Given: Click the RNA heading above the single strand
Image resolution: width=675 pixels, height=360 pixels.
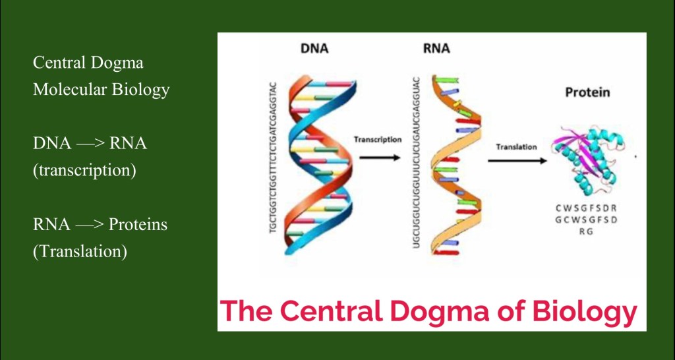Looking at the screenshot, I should pos(436,49).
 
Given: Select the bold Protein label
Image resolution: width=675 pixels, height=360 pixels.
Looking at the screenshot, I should pos(587,93).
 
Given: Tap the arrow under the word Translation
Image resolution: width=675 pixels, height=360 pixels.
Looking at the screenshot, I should pos(521,160).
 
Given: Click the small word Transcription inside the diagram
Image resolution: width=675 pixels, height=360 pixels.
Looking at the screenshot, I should pos(377,140).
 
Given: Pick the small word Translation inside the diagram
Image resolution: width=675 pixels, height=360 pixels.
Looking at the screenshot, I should pos(516,146).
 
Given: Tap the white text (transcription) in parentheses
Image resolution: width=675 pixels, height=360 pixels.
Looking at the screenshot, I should pos(84,170).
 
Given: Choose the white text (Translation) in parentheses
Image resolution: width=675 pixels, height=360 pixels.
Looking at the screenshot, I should pos(80,251).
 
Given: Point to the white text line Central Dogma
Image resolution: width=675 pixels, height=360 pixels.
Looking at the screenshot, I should pos(88,64).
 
